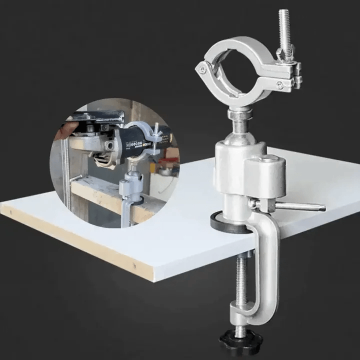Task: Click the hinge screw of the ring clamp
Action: [202, 70]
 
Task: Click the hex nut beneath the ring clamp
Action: [239, 114]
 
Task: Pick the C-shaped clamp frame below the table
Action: [265, 270]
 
